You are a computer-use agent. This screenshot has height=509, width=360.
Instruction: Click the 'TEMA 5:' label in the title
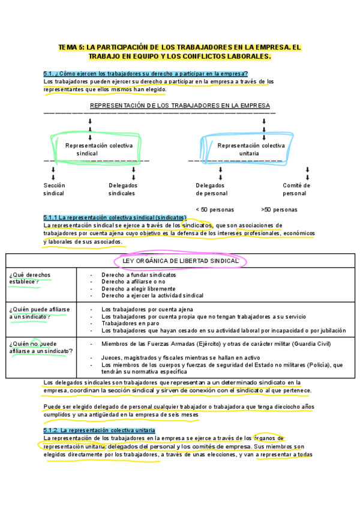click(72, 46)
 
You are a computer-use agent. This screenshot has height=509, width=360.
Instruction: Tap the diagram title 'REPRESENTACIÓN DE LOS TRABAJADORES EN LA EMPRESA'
click(180, 105)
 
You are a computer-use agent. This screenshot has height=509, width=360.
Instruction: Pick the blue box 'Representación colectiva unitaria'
click(251, 149)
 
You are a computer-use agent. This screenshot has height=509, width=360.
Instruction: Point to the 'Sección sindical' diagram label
click(54, 190)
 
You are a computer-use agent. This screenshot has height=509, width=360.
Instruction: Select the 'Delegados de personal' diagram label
click(211, 190)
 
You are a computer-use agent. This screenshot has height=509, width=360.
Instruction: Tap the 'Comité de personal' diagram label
click(296, 190)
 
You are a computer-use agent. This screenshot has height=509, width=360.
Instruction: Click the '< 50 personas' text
click(215, 210)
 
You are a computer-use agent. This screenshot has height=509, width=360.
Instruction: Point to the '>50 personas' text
click(279, 210)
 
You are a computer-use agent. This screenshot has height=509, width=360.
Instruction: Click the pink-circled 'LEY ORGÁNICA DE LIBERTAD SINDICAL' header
click(180, 261)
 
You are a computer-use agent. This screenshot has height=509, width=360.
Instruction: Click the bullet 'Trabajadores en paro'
click(129, 323)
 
